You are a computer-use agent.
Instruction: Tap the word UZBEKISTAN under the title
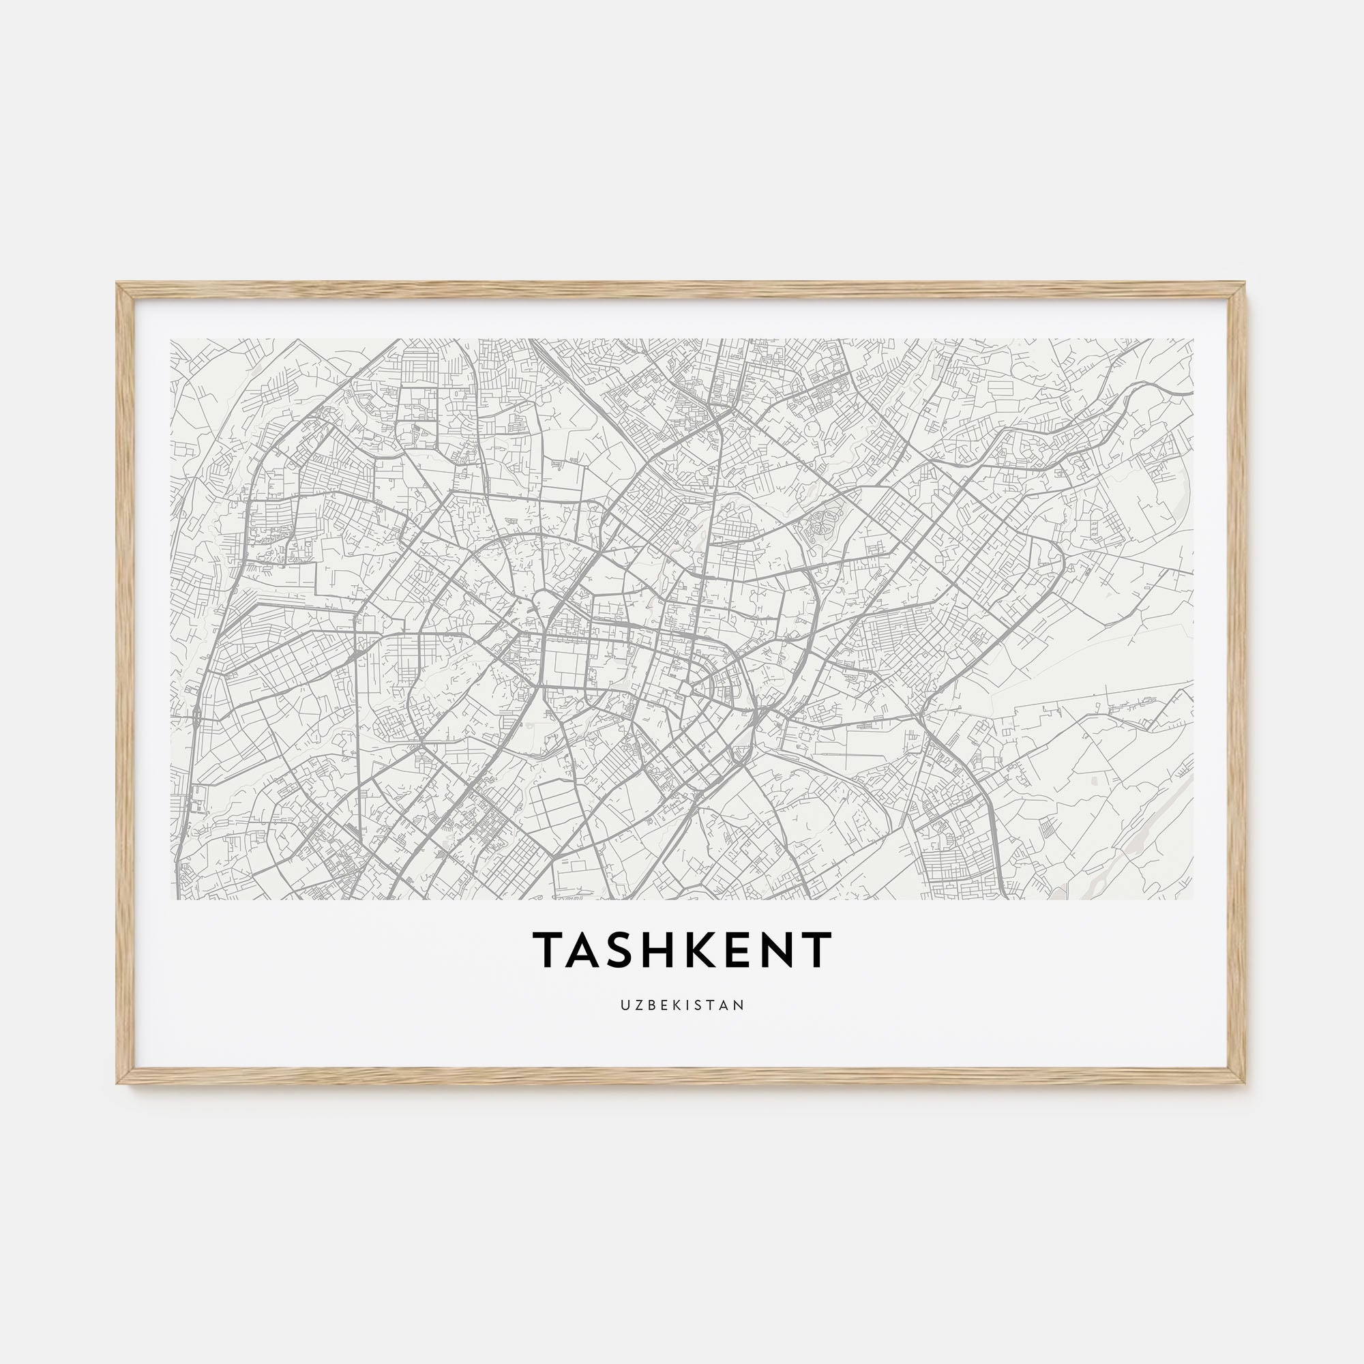[682, 1005]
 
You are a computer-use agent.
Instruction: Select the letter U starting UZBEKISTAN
[625, 1005]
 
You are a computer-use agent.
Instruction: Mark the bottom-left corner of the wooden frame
[118, 1082]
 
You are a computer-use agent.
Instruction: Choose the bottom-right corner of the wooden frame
[1246, 1082]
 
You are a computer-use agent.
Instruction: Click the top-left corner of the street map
[172, 340]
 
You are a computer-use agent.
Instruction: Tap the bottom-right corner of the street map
[1193, 899]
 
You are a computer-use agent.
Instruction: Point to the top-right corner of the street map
[1193, 340]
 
